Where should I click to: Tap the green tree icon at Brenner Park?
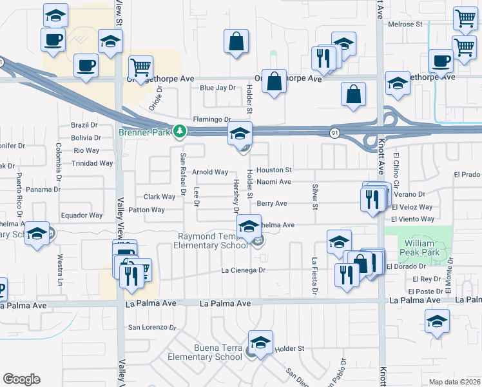pyautogui.click(x=181, y=132)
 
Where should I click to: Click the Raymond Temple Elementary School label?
pyautogui.click(x=213, y=241)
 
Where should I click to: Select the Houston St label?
pyautogui.click(x=275, y=170)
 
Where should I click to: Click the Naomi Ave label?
pyautogui.click(x=274, y=182)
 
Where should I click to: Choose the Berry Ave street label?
pyautogui.click(x=272, y=203)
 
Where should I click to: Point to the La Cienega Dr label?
pyautogui.click(x=244, y=270)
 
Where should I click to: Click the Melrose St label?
pyautogui.click(x=405, y=25)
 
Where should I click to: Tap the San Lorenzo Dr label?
pyautogui.click(x=152, y=327)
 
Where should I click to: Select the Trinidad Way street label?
pyautogui.click(x=93, y=163)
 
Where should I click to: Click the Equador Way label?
pyautogui.click(x=82, y=215)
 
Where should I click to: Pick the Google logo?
pyautogui.click(x=21, y=379)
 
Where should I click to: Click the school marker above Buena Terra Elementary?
pyautogui.click(x=260, y=342)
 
